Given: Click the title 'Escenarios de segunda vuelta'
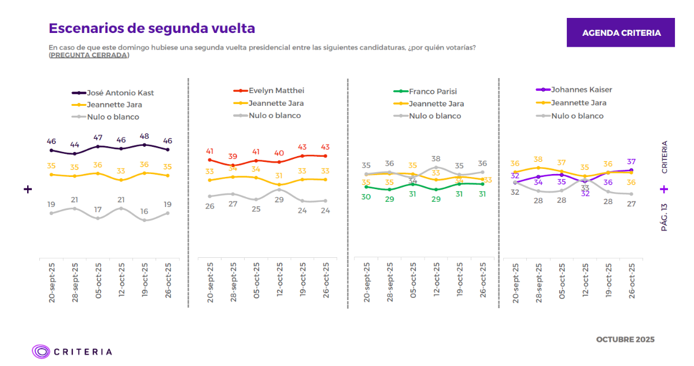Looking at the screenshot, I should [152, 28].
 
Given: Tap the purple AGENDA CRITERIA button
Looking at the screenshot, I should [621, 33].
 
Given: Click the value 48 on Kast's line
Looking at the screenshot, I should [145, 136].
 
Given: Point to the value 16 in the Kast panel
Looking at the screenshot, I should [145, 212].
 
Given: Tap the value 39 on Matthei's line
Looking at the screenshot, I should [232, 157].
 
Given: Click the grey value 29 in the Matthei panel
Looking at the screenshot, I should [279, 199].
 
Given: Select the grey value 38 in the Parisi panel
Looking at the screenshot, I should [436, 158].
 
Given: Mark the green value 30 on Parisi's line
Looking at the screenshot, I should [366, 197].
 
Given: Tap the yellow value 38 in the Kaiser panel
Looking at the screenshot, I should [538, 160].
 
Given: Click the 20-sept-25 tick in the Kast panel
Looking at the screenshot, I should [52, 283].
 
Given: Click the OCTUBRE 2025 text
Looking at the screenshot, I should [625, 339].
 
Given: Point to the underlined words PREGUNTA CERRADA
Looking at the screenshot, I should [89, 55].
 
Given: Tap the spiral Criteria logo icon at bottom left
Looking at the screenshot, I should [41, 351].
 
